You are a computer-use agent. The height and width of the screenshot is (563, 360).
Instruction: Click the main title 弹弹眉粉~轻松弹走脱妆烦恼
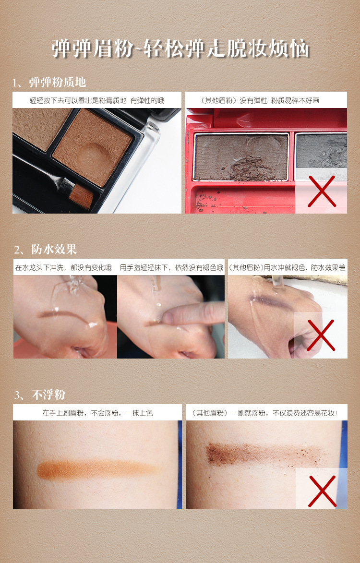click(x=180, y=48)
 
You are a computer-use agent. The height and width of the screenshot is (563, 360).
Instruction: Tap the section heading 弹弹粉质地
click(x=58, y=82)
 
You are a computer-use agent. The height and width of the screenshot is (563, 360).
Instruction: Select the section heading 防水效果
click(x=54, y=249)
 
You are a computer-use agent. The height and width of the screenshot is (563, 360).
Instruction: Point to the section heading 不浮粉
click(x=49, y=395)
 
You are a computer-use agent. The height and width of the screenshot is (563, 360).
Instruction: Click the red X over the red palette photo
click(x=322, y=192)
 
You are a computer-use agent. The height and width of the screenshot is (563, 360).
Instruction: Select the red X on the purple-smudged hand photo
click(x=321, y=335)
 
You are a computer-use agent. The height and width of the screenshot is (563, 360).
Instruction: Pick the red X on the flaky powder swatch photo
click(x=322, y=491)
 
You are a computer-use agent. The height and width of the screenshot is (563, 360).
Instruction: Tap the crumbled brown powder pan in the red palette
click(x=241, y=156)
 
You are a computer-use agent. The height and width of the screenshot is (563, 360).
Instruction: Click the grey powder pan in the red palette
click(x=321, y=151)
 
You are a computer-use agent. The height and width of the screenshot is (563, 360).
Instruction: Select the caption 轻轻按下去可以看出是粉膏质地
click(x=78, y=100)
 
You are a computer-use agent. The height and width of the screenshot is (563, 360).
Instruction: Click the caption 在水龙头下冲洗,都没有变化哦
click(x=63, y=267)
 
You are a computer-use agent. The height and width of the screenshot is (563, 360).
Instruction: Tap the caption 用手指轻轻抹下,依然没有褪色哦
click(x=171, y=267)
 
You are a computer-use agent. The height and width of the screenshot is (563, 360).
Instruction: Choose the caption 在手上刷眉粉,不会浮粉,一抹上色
click(x=97, y=413)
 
